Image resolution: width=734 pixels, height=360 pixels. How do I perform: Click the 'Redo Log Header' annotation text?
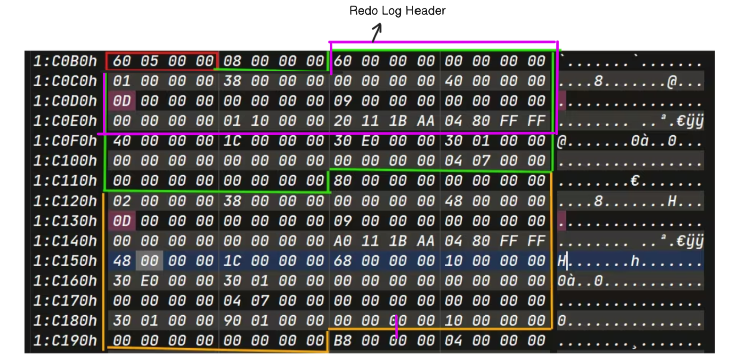click(397, 11)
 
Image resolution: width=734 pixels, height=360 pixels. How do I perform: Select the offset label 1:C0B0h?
click(65, 61)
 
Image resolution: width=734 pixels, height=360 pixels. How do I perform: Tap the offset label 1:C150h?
click(65, 261)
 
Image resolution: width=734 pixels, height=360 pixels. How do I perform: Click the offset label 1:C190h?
click(65, 340)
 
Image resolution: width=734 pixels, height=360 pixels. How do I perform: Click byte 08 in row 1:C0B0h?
click(231, 61)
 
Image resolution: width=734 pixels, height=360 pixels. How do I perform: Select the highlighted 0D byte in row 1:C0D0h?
click(122, 101)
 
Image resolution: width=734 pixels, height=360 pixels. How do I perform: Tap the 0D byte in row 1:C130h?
click(122, 221)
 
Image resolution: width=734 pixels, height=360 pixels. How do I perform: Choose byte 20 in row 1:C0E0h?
click(342, 121)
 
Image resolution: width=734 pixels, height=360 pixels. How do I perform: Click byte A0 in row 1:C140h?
click(342, 241)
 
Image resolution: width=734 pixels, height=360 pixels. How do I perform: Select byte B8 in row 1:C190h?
click(342, 340)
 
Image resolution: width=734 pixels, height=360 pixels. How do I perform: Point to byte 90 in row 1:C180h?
click(231, 320)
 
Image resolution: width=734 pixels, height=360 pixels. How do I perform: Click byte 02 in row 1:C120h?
click(122, 201)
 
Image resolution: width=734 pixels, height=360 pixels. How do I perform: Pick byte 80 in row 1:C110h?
click(342, 181)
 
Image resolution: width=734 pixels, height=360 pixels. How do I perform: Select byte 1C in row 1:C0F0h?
click(231, 141)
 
